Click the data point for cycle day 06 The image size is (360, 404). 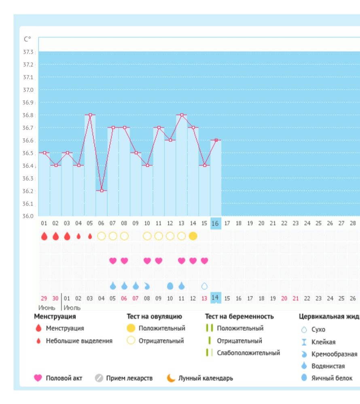tap(102, 190)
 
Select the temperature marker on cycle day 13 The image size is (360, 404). tap(182, 115)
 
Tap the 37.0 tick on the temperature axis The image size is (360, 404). tap(28, 90)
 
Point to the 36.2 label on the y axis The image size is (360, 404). tap(28, 191)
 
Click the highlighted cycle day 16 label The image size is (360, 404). tap(216, 223)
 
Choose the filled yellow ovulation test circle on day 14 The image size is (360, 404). tap(193, 236)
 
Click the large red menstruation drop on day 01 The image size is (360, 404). tap(44, 236)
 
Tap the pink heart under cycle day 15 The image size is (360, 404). tap(205, 261)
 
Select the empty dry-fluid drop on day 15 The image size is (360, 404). tap(205, 286)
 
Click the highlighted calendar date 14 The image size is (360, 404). tap(216, 298)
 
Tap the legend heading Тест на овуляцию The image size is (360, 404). tap(155, 316)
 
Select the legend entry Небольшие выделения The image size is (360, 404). tap(79, 341)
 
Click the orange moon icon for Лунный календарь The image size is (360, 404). tap(172, 378)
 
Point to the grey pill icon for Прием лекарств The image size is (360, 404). tap(99, 378)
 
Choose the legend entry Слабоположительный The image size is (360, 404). tap(248, 353)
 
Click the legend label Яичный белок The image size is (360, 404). tap(332, 378)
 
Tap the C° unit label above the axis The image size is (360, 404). tap(28, 39)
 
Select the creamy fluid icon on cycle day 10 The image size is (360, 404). tap(147, 286)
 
